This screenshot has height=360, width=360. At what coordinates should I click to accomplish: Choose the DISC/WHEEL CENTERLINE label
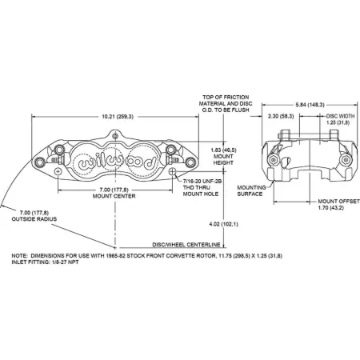coord(186,245)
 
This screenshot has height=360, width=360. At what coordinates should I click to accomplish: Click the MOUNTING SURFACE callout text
coord(251,190)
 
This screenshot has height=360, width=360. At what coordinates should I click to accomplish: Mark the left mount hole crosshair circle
coord(58,171)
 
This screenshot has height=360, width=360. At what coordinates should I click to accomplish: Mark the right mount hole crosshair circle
coord(173,171)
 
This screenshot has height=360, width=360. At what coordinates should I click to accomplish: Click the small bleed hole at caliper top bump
coord(115,136)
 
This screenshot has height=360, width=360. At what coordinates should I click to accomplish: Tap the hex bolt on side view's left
coord(273,160)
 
